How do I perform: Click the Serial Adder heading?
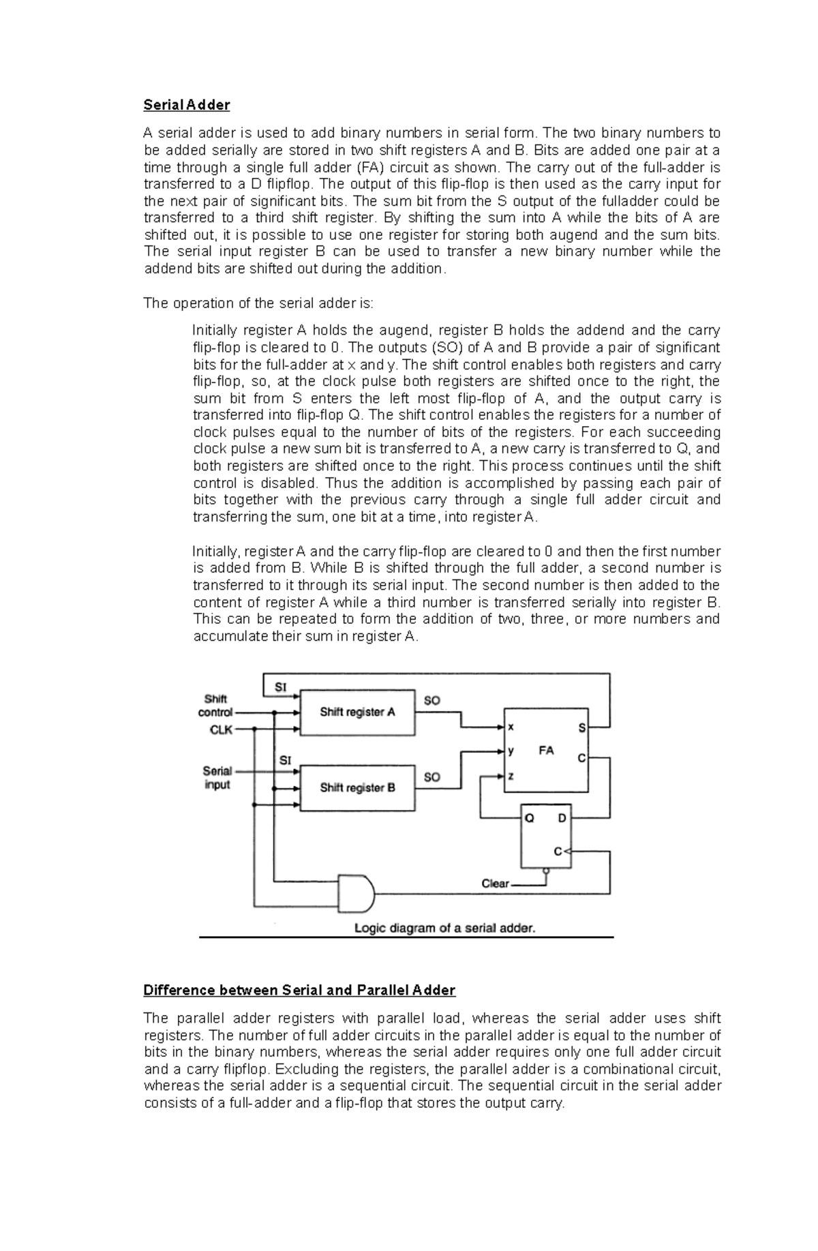point(186,105)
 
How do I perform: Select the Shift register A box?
point(357,712)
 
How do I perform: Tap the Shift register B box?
point(357,788)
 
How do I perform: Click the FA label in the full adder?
point(546,751)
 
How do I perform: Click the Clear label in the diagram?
point(495,884)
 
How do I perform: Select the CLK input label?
point(221,729)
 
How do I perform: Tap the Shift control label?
point(215,706)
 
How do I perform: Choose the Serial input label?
point(217,778)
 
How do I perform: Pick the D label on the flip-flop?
point(562,818)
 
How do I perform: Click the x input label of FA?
point(511,727)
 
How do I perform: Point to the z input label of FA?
point(511,776)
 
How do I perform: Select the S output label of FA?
point(581,728)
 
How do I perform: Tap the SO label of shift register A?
point(432,700)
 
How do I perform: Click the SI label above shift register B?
point(285,759)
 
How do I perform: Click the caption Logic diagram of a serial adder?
point(444,928)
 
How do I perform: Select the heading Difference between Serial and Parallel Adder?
point(299,990)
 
